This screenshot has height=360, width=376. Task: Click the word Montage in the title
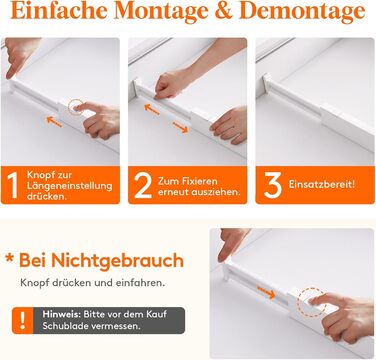click(x=162, y=12)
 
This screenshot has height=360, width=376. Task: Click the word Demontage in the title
click(x=302, y=12)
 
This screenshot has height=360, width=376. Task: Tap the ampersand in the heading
click(x=225, y=11)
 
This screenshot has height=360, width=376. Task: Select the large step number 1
click(x=12, y=186)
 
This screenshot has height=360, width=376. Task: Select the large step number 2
click(x=143, y=186)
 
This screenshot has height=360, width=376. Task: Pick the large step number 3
click(x=273, y=185)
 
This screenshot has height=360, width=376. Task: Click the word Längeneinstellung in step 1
click(x=69, y=186)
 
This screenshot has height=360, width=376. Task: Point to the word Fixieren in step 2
click(x=200, y=181)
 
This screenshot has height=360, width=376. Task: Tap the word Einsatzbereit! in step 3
click(x=322, y=184)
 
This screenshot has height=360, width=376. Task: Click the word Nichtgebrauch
click(x=117, y=261)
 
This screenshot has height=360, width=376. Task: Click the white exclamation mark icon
click(x=22, y=320)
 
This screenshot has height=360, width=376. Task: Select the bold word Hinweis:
click(x=62, y=314)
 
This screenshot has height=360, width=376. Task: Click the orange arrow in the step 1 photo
click(x=54, y=122)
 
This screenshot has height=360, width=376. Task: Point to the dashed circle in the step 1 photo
click(x=75, y=106)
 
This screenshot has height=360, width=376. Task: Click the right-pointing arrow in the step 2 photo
click(x=180, y=127)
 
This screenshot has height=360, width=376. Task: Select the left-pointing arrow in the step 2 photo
click(x=152, y=109)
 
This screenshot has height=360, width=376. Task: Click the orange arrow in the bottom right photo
click(x=266, y=292)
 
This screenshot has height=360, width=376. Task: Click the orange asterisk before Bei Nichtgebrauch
click(x=10, y=258)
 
